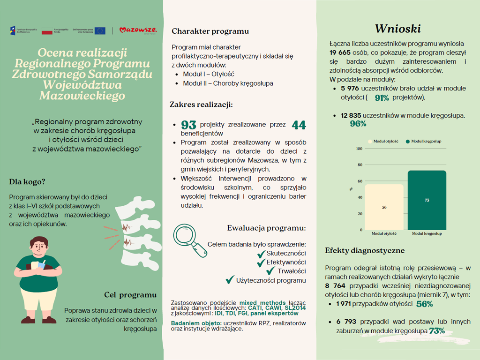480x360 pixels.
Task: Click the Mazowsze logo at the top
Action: pos(138,30)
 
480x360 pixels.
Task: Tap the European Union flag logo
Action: pos(100,30)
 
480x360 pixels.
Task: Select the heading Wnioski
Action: pos(397,29)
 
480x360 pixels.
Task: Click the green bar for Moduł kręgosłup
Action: pos(427,200)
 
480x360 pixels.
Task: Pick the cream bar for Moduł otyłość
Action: pos(384,207)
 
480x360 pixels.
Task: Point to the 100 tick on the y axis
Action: pos(359,149)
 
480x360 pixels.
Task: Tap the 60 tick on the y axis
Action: pos(360,181)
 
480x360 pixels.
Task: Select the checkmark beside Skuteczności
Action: pos(261,254)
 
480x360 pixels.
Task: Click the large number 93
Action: pos(188,125)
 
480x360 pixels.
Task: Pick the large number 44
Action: pos(299,125)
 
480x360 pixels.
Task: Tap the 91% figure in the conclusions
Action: pos(382,98)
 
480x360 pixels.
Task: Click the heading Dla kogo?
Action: pos(27,182)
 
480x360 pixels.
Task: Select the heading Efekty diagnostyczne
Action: pos(365,251)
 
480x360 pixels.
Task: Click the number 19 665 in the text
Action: pos(340,52)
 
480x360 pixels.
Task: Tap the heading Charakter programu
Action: pos(210,31)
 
